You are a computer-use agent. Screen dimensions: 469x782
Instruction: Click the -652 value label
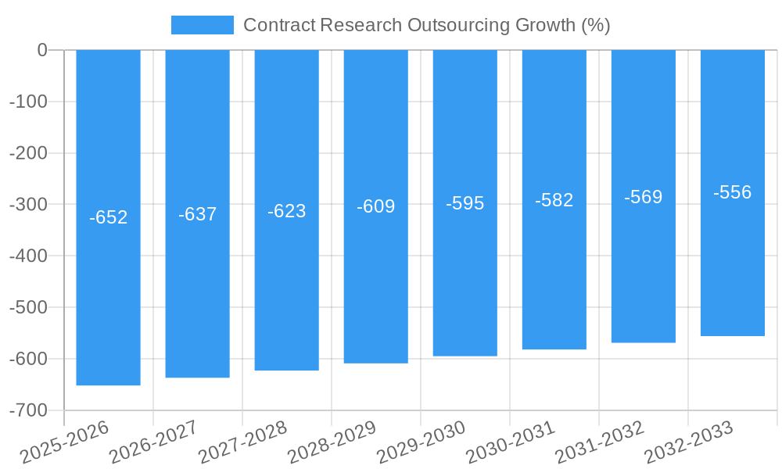[108, 218]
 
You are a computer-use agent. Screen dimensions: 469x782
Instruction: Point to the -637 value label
[197, 214]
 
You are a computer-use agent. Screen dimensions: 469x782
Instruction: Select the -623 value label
[286, 211]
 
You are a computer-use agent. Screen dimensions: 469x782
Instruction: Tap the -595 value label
[465, 203]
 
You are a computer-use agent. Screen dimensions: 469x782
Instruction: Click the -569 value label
[644, 197]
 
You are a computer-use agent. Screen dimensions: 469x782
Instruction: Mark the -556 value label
[733, 193]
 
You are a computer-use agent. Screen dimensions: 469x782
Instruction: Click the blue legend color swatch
[202, 25]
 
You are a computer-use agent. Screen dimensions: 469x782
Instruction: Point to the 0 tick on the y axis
[42, 50]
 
